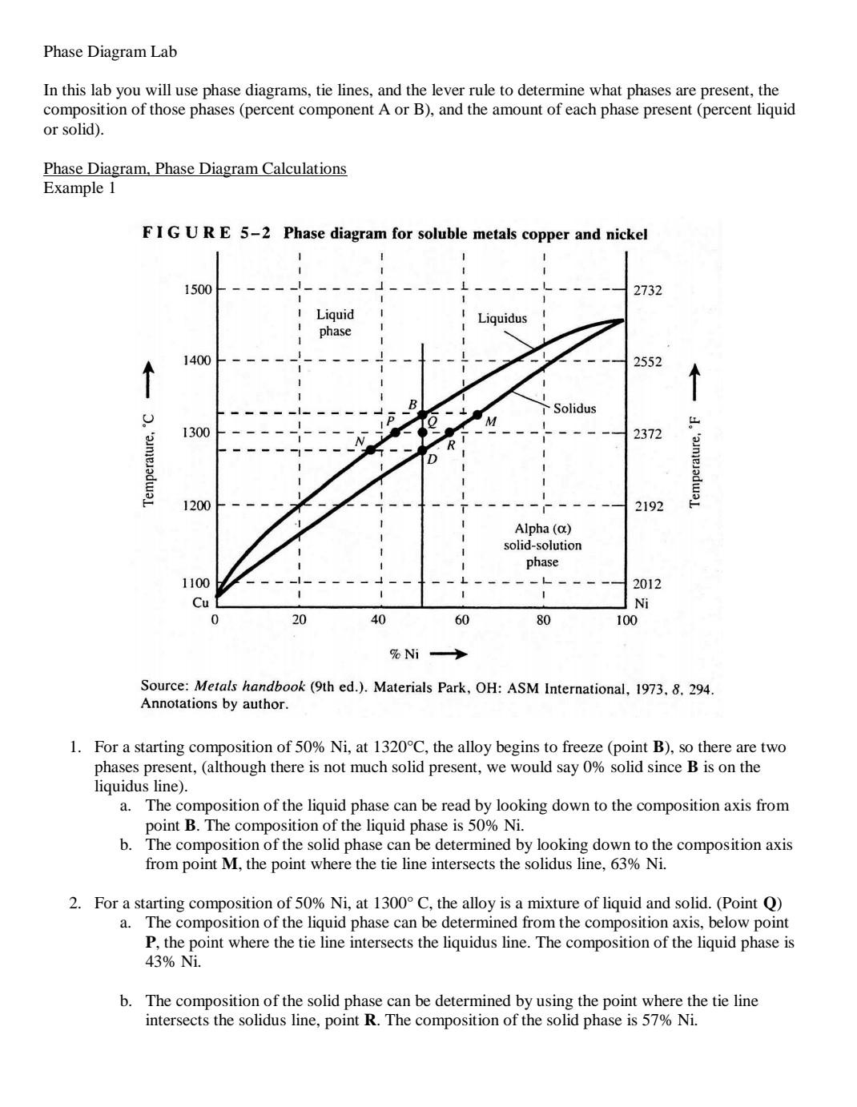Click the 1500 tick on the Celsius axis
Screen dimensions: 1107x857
pyautogui.click(x=198, y=289)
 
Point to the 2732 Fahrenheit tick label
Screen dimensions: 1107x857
pyautogui.click(x=647, y=290)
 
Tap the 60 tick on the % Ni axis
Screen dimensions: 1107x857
pyautogui.click(x=462, y=620)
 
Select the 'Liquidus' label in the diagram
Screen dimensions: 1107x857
pyautogui.click(x=502, y=318)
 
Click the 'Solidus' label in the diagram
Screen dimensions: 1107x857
pyautogui.click(x=574, y=409)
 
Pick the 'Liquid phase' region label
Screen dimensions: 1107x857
pyautogui.click(x=335, y=323)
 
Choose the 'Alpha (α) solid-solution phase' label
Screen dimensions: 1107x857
pyautogui.click(x=542, y=545)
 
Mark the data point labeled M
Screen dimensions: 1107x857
pyautogui.click(x=478, y=415)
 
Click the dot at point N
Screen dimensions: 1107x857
pyautogui.click(x=371, y=449)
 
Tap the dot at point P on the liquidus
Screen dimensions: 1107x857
pyautogui.click(x=396, y=433)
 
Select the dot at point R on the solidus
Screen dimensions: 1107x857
pyautogui.click(x=449, y=433)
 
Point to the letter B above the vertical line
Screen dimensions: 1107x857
pyautogui.click(x=413, y=405)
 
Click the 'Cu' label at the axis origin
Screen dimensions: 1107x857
pyautogui.click(x=200, y=602)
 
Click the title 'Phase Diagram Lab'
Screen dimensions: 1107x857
pyautogui.click(x=110, y=52)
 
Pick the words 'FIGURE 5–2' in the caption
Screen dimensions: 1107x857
pyautogui.click(x=206, y=233)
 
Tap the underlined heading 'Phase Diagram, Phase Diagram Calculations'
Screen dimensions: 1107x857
pyautogui.click(x=195, y=168)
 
